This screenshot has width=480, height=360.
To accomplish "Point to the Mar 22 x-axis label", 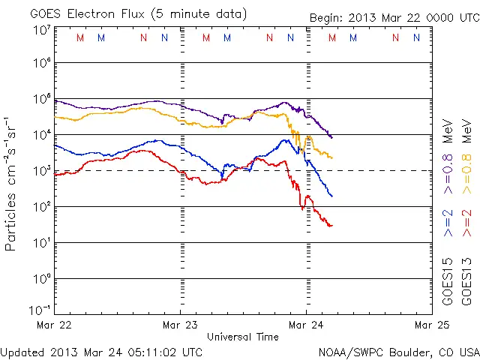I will click(x=54, y=325).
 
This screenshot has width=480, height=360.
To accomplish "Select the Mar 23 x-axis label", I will click(x=180, y=325).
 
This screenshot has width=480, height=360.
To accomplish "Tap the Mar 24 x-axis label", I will click(x=306, y=325).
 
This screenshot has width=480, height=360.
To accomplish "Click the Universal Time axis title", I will click(x=243, y=337).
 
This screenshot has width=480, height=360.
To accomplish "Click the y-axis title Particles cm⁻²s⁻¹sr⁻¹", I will click(x=12, y=183).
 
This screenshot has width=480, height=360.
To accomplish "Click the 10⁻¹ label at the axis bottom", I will click(x=40, y=310).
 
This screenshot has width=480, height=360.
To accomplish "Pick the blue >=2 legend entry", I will click(x=448, y=223).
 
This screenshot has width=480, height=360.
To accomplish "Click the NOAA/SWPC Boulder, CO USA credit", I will click(x=398, y=352).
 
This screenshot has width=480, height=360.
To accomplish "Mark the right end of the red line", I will click(x=331, y=225).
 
